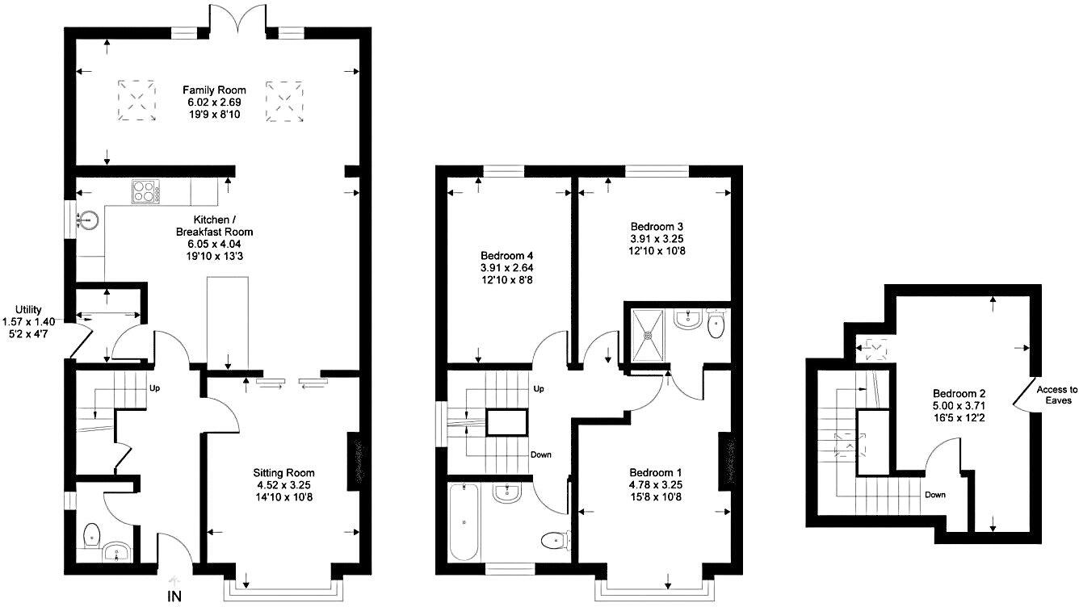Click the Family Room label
214,90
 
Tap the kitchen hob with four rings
145,192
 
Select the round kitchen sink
88,219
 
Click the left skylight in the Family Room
137,99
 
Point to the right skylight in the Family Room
284,99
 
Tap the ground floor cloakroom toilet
91,534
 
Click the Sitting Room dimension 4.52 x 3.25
283,485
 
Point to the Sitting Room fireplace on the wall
353,460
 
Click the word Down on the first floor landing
541,454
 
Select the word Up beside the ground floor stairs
154,388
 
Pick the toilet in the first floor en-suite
716,324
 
